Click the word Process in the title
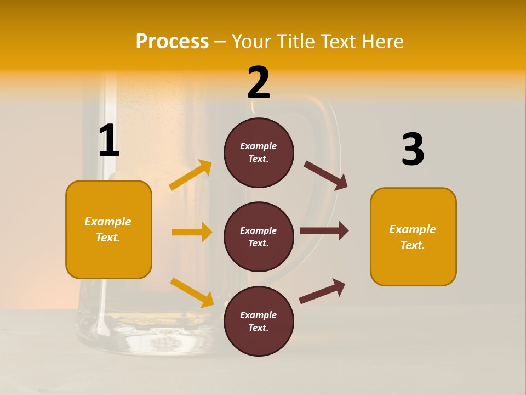point(172,42)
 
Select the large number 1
point(109,141)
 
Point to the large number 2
point(259,83)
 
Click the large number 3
point(413,150)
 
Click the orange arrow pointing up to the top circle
point(191,175)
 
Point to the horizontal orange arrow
point(192,232)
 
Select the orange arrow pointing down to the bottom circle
point(192,292)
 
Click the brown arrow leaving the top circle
point(325,176)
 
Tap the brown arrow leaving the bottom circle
point(322,291)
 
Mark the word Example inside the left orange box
point(108,222)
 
